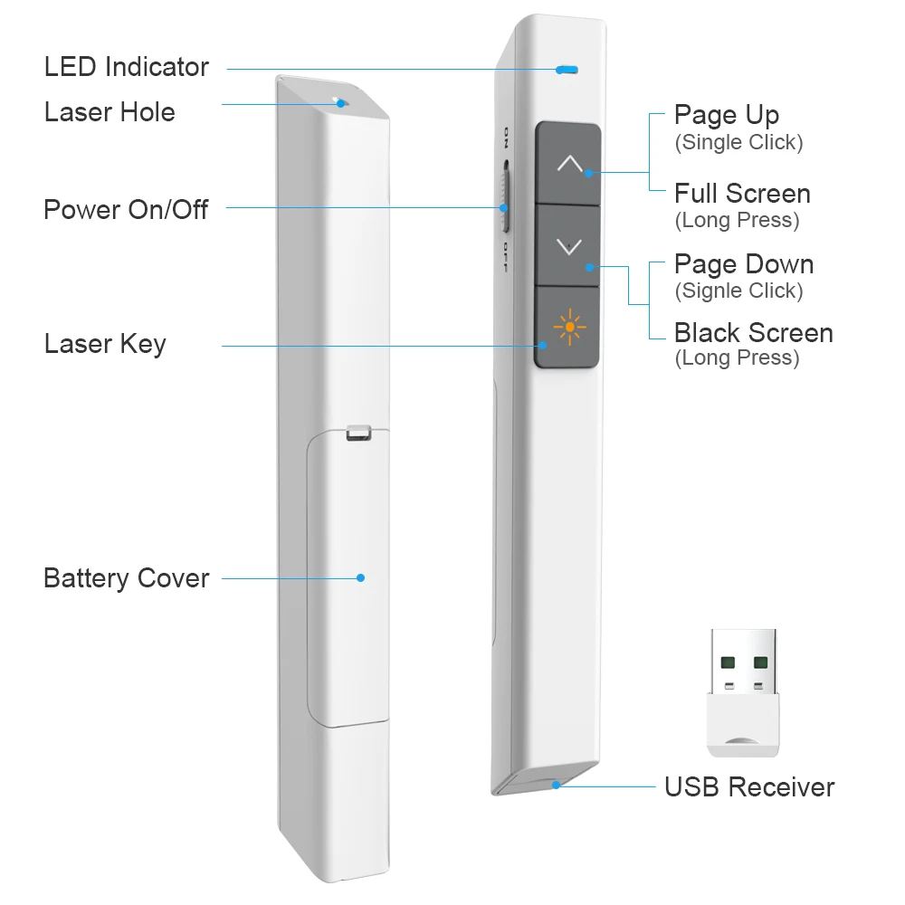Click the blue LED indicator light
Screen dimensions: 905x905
[567, 69]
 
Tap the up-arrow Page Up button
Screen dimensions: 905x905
[568, 163]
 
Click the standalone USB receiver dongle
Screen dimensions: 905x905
[742, 692]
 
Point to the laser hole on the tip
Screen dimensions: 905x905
[338, 101]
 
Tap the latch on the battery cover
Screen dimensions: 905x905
[358, 433]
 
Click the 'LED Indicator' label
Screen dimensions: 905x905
[126, 67]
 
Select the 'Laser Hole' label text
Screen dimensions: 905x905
[110, 112]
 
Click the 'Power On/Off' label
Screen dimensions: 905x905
[126, 210]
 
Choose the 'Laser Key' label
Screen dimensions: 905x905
[105, 344]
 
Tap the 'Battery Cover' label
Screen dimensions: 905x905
[126, 578]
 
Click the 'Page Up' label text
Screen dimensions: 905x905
[726, 116]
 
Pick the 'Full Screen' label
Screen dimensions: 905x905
[742, 194]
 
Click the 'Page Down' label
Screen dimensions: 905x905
[743, 264]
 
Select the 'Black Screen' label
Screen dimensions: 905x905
[753, 333]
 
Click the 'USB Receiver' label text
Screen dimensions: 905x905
[749, 787]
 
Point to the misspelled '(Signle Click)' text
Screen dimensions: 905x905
[738, 291]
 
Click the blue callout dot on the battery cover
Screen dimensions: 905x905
[360, 577]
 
